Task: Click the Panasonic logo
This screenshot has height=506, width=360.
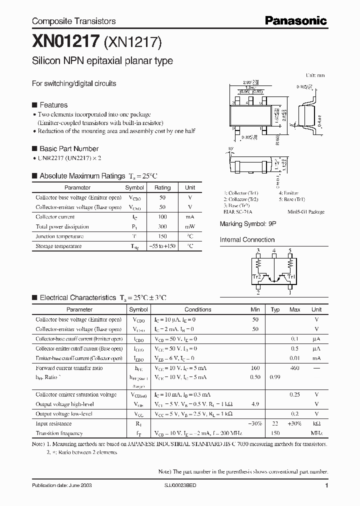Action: click(x=295, y=21)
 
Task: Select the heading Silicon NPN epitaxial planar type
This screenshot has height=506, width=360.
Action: click(x=102, y=61)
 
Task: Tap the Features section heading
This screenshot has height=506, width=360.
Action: click(x=53, y=105)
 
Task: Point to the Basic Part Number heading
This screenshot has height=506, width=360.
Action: click(x=69, y=148)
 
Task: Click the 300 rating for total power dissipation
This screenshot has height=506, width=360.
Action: click(x=162, y=226)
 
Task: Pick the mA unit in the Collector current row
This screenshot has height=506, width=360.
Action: click(x=190, y=217)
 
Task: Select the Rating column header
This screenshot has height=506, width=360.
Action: click(x=162, y=187)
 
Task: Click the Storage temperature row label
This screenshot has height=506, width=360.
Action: click(x=58, y=246)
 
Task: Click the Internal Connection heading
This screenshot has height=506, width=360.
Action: click(x=247, y=239)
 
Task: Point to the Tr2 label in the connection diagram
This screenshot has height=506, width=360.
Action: click(x=256, y=275)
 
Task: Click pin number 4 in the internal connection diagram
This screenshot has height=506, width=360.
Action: click(x=274, y=250)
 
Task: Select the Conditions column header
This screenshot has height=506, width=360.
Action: click(x=198, y=309)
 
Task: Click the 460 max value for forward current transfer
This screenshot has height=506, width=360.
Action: click(x=295, y=368)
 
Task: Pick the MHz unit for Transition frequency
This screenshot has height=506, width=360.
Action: click(x=316, y=433)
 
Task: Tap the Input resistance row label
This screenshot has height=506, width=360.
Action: click(x=53, y=423)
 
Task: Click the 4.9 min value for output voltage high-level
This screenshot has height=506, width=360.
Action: click(x=255, y=404)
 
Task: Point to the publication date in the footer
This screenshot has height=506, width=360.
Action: click(x=62, y=485)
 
